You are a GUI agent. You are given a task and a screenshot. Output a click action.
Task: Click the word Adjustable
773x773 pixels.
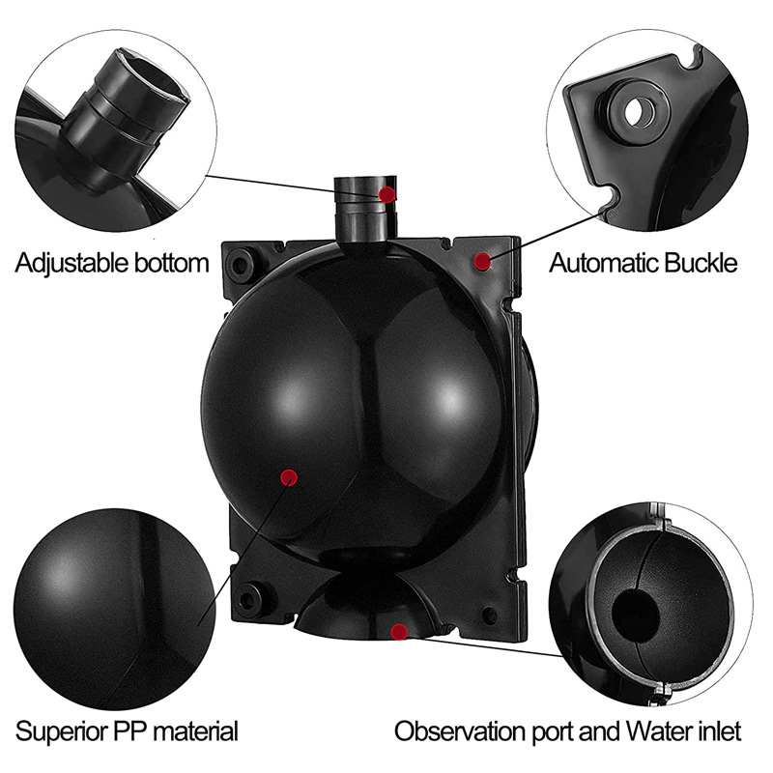click(x=72, y=263)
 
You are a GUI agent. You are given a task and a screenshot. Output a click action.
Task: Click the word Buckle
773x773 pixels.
click(x=701, y=263)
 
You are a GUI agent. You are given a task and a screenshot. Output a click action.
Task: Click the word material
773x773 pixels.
click(x=196, y=731)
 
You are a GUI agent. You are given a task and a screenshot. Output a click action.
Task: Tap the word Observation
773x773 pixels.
click(x=460, y=731)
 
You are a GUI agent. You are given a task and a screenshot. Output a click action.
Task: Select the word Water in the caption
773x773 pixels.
click(x=660, y=731)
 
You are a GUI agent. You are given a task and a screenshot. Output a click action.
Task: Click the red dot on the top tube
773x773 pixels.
click(x=387, y=194)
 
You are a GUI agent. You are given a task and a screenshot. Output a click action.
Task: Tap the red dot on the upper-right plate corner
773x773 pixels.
click(x=482, y=261)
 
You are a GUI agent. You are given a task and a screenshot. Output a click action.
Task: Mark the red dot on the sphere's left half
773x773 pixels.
click(x=288, y=476)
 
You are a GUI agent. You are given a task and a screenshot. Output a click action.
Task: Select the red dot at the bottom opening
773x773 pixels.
click(x=398, y=632)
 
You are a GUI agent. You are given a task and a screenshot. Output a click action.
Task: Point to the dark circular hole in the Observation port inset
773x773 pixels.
click(x=636, y=615)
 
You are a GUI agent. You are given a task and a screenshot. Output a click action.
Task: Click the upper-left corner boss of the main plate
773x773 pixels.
click(x=240, y=263)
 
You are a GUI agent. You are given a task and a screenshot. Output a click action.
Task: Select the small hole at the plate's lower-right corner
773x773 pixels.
click(x=489, y=615)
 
